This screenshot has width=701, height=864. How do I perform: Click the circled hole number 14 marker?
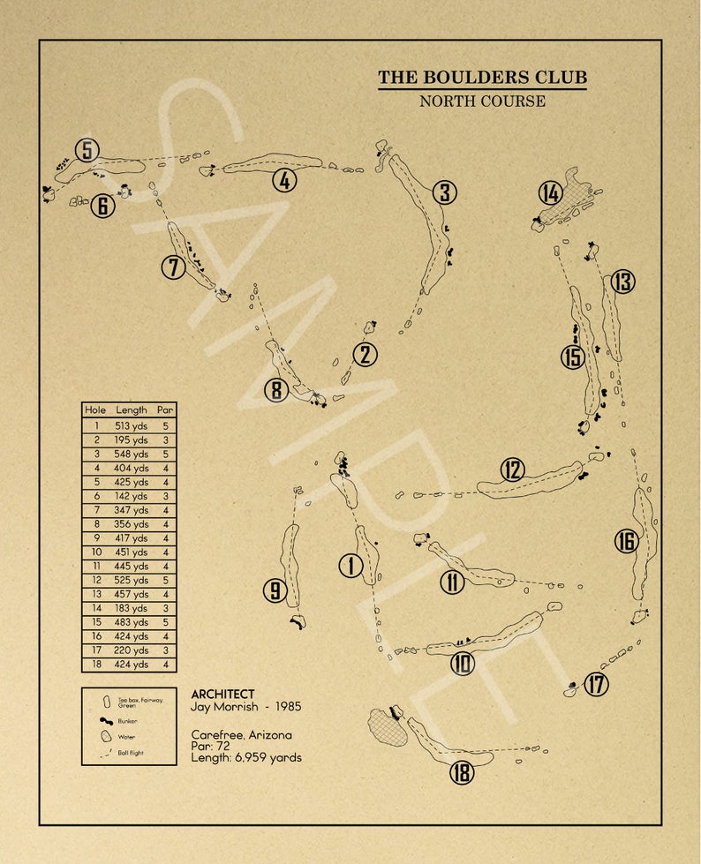click(551, 192)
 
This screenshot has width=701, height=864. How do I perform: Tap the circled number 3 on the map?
click(444, 192)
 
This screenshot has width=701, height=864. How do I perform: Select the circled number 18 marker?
click(462, 773)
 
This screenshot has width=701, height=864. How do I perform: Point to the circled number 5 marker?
click(87, 151)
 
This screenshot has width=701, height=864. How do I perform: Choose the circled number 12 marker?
click(512, 470)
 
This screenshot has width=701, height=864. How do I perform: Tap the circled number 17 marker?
click(597, 684)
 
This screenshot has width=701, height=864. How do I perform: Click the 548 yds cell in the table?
click(132, 454)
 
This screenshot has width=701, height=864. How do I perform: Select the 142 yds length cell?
click(132, 496)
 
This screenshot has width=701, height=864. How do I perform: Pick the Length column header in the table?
click(132, 410)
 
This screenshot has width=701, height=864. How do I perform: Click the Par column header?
click(165, 410)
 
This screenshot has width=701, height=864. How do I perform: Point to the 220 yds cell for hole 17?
click(132, 650)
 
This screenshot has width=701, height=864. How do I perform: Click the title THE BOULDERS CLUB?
click(482, 78)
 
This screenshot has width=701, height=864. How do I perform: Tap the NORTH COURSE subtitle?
click(482, 101)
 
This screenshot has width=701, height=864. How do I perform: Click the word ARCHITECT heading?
click(222, 695)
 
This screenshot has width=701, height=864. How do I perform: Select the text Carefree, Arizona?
click(241, 734)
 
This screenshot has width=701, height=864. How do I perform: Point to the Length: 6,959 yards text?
click(246, 757)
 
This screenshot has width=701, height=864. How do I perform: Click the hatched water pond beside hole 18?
click(387, 729)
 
